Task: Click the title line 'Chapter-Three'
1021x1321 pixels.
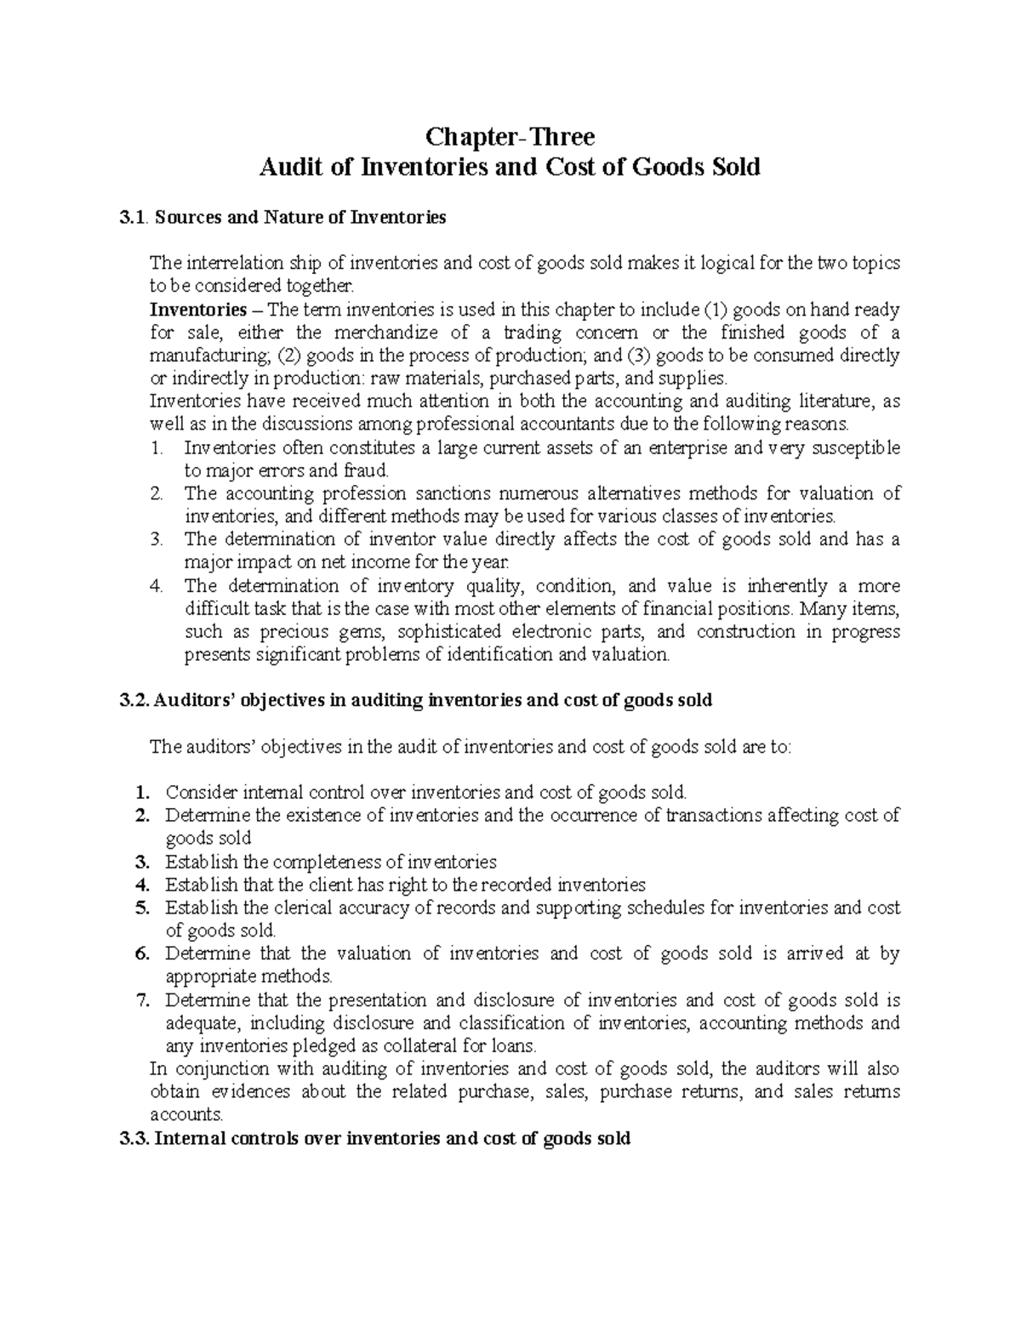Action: [510, 136]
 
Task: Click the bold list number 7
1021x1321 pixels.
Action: [143, 1000]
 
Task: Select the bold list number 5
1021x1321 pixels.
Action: [143, 908]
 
